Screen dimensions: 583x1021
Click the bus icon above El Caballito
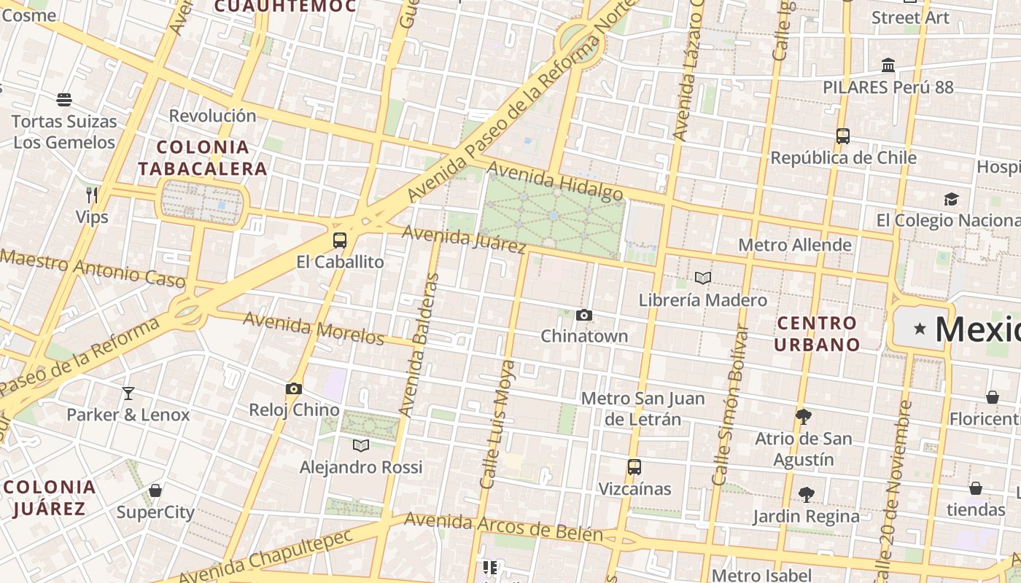[x=340, y=240]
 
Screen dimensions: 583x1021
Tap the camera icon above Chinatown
[x=584, y=316]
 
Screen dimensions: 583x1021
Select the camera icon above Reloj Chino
[x=294, y=389]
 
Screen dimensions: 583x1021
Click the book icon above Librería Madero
[x=703, y=278]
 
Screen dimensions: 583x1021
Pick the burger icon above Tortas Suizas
[x=64, y=100]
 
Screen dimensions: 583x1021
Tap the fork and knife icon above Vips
[x=92, y=195]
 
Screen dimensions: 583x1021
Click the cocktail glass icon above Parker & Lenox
[x=128, y=394]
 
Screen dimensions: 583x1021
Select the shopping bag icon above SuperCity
[x=155, y=490]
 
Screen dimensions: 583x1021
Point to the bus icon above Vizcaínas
[x=634, y=467]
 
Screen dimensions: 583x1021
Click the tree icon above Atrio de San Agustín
[x=804, y=417]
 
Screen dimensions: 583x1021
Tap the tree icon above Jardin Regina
[x=806, y=495]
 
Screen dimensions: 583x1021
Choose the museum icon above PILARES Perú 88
[x=888, y=66]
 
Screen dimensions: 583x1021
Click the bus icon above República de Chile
[x=843, y=136]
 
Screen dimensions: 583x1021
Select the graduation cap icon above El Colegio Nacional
[x=951, y=199]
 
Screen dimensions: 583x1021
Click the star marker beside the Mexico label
[x=920, y=329]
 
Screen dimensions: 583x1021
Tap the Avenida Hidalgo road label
[x=555, y=181]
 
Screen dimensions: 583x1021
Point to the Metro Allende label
[x=795, y=245]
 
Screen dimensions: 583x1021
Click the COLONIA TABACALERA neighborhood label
[x=203, y=158]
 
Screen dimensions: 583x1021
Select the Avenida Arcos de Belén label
[x=503, y=528]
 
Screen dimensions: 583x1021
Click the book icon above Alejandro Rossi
[x=361, y=445]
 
